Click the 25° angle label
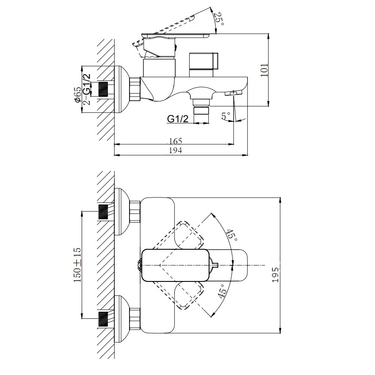(218, 19)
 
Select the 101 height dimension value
(264, 70)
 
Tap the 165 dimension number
(176, 141)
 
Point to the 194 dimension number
(176, 150)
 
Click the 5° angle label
(226, 116)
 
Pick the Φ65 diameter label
(78, 95)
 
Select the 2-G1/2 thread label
(87, 89)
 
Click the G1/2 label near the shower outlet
(178, 119)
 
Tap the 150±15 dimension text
(77, 265)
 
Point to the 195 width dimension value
(276, 275)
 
